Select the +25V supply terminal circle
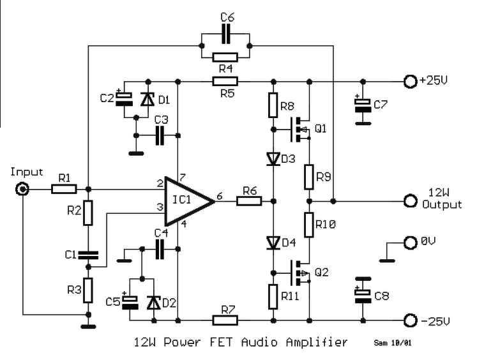pos(411,82)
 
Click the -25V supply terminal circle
pos(411,320)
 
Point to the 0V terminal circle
pos(411,243)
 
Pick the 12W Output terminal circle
pos(411,201)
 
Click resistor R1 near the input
pos(64,190)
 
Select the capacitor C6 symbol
pos(225,34)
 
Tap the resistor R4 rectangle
pos(225,57)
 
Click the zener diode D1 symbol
pos(148,99)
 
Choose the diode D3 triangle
pos(273,159)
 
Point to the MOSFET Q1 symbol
pos(299,130)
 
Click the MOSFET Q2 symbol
pos(299,273)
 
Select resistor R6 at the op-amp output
pos(249,201)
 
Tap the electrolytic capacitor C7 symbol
pos(363,105)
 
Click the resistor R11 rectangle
pos(273,297)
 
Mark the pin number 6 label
pos(220,196)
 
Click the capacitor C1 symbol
pos(88,255)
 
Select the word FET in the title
pos(221,342)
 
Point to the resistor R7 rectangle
pos(225,320)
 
